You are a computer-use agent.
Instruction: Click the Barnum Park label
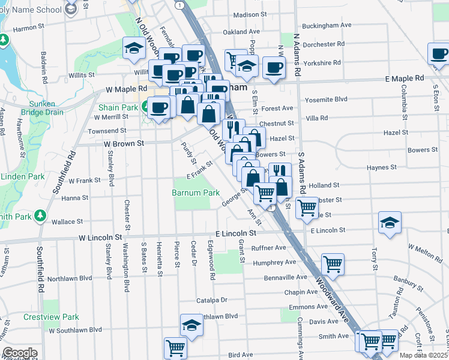pyautogui.click(x=195, y=193)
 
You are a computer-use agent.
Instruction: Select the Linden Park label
pyautogui.click(x=23, y=177)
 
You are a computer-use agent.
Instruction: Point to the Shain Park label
pyautogui.click(x=118, y=107)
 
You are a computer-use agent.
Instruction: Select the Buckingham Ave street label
pyautogui.click(x=326, y=25)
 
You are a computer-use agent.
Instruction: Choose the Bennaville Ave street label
pyautogui.click(x=286, y=277)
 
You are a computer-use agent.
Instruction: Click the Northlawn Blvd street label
pyautogui.click(x=70, y=278)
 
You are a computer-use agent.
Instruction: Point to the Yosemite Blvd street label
pyautogui.click(x=326, y=99)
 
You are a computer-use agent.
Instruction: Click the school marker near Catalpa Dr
pyautogui.click(x=191, y=325)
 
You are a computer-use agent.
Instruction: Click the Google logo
pyautogui.click(x=20, y=353)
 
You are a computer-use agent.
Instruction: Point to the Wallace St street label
pyautogui.click(x=67, y=222)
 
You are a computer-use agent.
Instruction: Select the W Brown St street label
pyautogui.click(x=124, y=144)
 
